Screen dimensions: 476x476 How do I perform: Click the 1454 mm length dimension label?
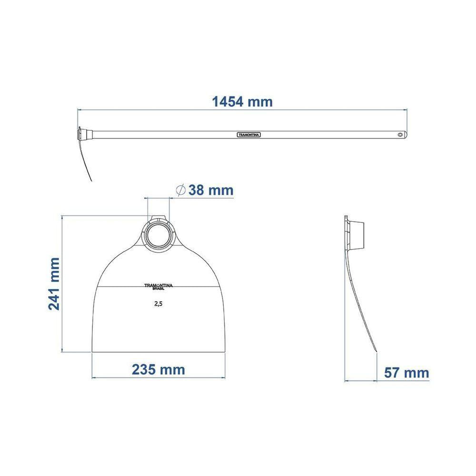pyautogui.click(x=242, y=102)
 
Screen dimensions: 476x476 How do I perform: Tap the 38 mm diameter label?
pyautogui.click(x=211, y=190)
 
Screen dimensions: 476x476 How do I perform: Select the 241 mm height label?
pyautogui.click(x=54, y=284)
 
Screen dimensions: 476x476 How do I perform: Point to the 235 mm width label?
pyautogui.click(x=158, y=370)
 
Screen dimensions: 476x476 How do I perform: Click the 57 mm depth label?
pyautogui.click(x=407, y=373)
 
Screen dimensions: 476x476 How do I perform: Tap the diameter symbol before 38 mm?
pyautogui.click(x=180, y=190)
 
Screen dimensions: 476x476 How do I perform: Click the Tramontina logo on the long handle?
pyautogui.click(x=248, y=135)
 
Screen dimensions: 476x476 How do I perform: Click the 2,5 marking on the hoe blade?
pyautogui.click(x=158, y=304)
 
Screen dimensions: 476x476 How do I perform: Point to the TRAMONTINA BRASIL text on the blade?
pyautogui.click(x=158, y=287)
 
